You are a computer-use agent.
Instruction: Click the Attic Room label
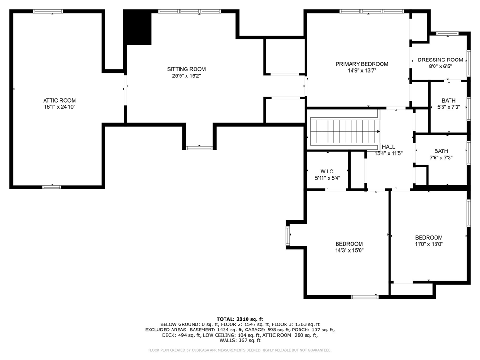[60, 100]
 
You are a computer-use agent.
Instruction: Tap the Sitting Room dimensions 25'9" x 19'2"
[186, 76]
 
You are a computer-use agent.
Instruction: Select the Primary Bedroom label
[362, 64]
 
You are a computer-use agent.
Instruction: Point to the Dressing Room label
[440, 60]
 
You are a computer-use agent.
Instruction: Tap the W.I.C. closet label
[328, 172]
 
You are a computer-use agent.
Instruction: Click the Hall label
[389, 147]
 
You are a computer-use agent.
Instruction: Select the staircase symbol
[345, 132]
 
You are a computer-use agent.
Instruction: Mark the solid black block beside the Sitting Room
[137, 27]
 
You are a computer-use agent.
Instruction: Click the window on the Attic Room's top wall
[48, 11]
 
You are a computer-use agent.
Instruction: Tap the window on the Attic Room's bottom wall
[52, 187]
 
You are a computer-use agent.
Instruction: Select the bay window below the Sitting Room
[199, 148]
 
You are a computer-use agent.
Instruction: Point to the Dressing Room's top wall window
[448, 33]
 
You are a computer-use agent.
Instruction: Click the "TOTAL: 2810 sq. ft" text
[240, 319]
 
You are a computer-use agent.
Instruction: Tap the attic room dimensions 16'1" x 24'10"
[60, 107]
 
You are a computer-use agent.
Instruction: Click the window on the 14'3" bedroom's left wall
[288, 235]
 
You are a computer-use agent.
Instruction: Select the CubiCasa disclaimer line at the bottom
[240, 350]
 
